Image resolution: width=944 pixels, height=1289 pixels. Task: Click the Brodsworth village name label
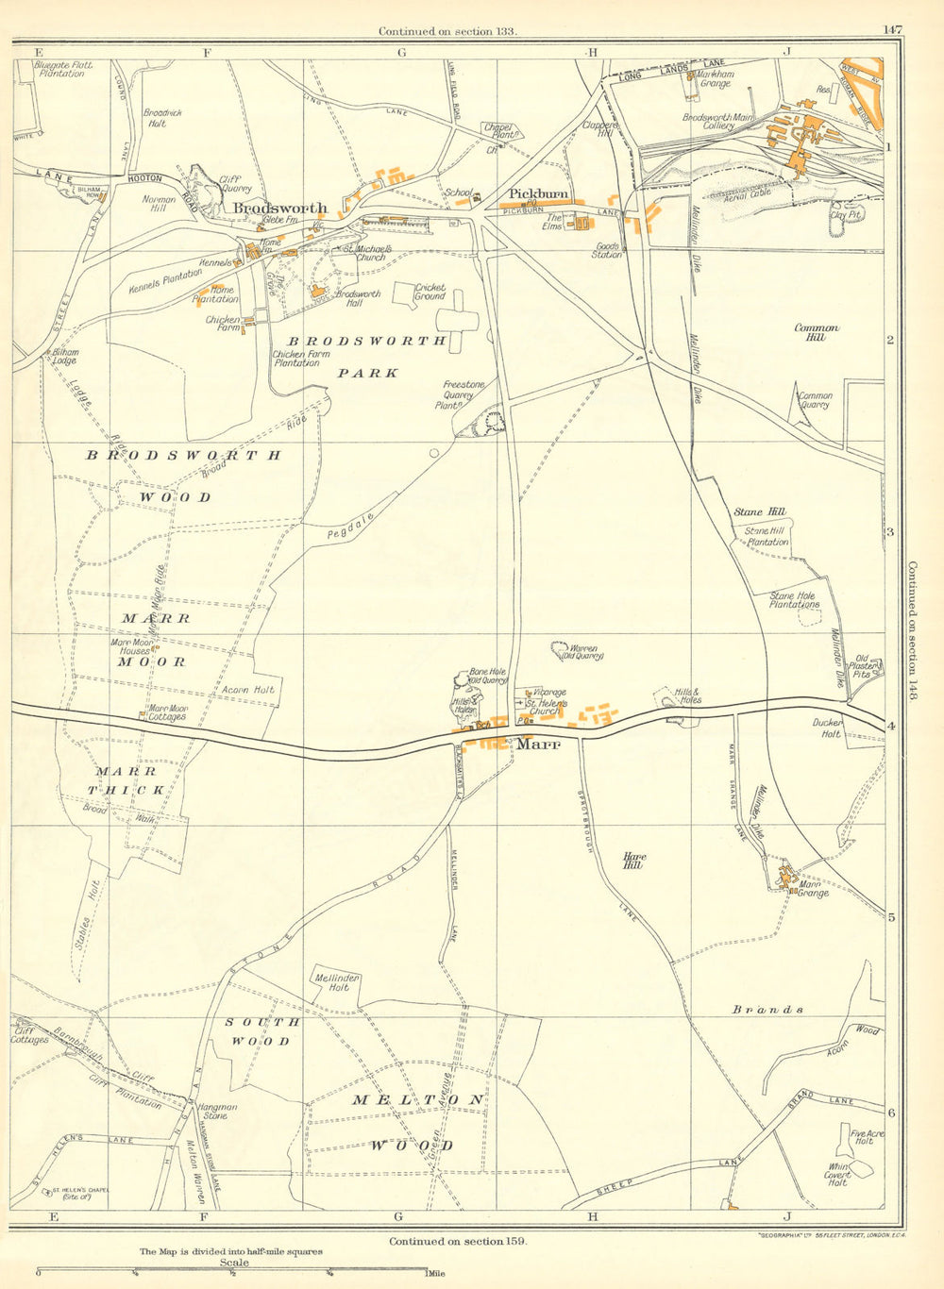tap(280, 208)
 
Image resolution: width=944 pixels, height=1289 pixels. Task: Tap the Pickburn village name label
tap(539, 194)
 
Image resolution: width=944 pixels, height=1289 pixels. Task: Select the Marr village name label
tap(538, 744)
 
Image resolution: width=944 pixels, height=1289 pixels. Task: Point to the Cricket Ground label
tap(430, 292)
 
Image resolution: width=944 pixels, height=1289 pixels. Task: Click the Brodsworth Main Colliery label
tap(720, 122)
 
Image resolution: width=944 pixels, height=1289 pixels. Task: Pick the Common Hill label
tap(816, 331)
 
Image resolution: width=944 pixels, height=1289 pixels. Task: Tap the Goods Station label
tap(607, 250)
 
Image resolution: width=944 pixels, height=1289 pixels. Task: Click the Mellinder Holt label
tap(337, 983)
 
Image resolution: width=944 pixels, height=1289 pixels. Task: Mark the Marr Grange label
tap(813, 888)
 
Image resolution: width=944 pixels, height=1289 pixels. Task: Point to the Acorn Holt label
tap(247, 690)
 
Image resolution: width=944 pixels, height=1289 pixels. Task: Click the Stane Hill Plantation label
tap(767, 536)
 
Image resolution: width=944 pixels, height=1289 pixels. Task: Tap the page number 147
tap(892, 30)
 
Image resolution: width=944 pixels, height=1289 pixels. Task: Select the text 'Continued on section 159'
tap(457, 1242)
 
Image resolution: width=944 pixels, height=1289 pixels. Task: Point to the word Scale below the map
tap(233, 1263)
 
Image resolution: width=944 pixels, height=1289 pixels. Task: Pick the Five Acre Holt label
tap(862, 1137)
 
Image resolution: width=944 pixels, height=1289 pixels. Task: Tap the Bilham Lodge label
tap(65, 356)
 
